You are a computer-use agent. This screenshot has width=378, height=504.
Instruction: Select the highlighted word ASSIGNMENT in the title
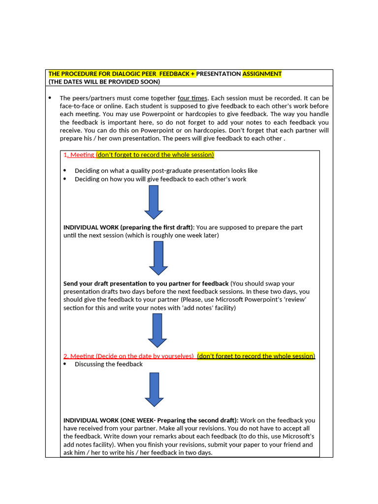(262, 74)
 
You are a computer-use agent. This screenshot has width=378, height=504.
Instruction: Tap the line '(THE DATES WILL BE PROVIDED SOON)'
(104, 82)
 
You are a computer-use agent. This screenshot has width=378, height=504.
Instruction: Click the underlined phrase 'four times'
(192, 98)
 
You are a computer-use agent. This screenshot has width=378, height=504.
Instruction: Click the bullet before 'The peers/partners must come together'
(50, 98)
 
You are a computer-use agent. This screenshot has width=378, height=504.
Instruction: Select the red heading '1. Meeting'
(79, 155)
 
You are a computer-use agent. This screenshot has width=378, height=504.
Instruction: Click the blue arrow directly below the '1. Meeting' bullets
(154, 202)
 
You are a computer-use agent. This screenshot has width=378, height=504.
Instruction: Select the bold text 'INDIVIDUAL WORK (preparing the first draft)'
(129, 227)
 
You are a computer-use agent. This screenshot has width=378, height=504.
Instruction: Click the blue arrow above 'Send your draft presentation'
(158, 258)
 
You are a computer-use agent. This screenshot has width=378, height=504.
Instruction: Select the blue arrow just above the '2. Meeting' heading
(157, 330)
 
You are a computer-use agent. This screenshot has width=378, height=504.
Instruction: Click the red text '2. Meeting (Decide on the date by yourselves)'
(129, 356)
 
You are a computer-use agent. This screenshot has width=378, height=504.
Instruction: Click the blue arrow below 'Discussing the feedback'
(154, 389)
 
